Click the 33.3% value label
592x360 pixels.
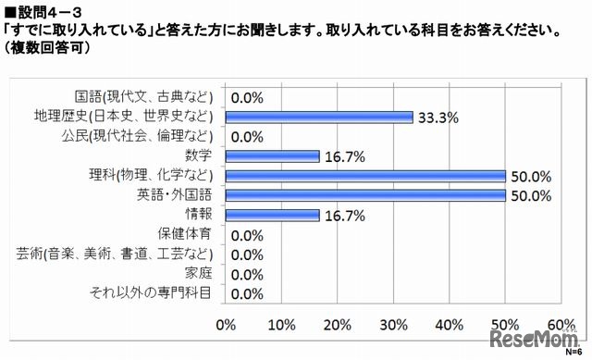[436, 118]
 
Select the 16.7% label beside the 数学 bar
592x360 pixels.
[342, 156]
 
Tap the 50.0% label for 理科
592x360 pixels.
[528, 176]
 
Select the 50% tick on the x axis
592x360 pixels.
[505, 324]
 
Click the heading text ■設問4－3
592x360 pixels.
[44, 9]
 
